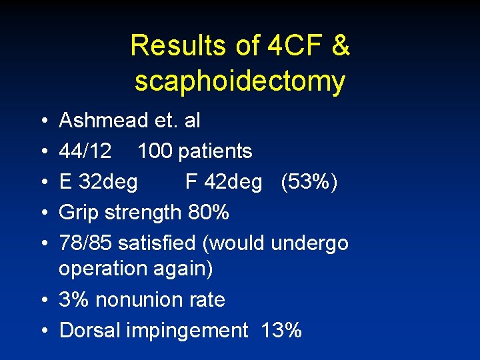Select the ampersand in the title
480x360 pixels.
339,46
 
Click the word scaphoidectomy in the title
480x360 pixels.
240,81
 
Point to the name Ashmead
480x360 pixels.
103,121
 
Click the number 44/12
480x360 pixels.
85,151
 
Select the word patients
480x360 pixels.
214,151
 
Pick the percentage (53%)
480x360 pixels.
309,182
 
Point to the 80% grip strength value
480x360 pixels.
209,213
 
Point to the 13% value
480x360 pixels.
282,330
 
